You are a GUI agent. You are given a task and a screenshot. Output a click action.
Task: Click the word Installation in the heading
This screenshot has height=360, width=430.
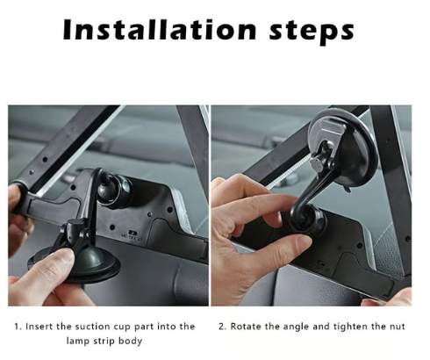point(160,30)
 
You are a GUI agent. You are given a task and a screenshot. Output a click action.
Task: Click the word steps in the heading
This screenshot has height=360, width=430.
point(312,32)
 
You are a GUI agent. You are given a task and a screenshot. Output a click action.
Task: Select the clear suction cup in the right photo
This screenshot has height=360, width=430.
point(342,151)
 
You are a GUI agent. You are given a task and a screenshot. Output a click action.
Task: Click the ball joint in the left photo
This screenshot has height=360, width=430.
point(111,189)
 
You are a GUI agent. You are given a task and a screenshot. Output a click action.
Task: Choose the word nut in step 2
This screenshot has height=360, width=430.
point(398,327)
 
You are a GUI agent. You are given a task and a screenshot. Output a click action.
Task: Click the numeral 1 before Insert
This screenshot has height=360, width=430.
point(17,327)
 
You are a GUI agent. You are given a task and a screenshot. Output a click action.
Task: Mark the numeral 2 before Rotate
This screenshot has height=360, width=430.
point(222,327)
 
